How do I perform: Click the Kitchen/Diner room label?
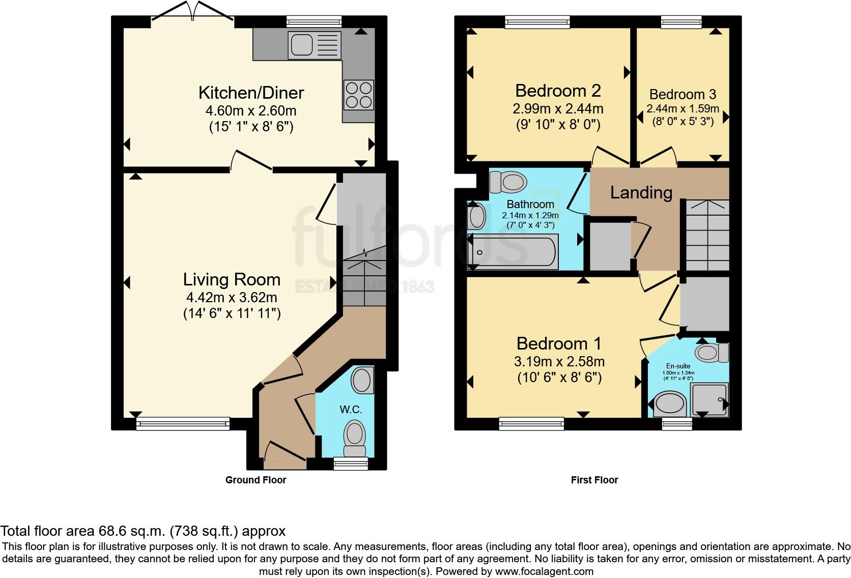251,93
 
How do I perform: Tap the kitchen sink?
315,45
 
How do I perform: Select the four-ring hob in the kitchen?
358,95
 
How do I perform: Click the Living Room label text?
232,279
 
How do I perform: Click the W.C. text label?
351,410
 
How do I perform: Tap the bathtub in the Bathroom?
513,252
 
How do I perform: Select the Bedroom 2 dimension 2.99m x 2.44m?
558,109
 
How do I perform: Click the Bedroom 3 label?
683,94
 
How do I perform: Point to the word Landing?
641,193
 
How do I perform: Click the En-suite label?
678,366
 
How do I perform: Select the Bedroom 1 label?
559,343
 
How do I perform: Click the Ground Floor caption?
256,480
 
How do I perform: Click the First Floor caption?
594,480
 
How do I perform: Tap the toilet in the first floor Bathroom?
508,182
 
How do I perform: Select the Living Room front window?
183,423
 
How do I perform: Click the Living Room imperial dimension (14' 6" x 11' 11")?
232,314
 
